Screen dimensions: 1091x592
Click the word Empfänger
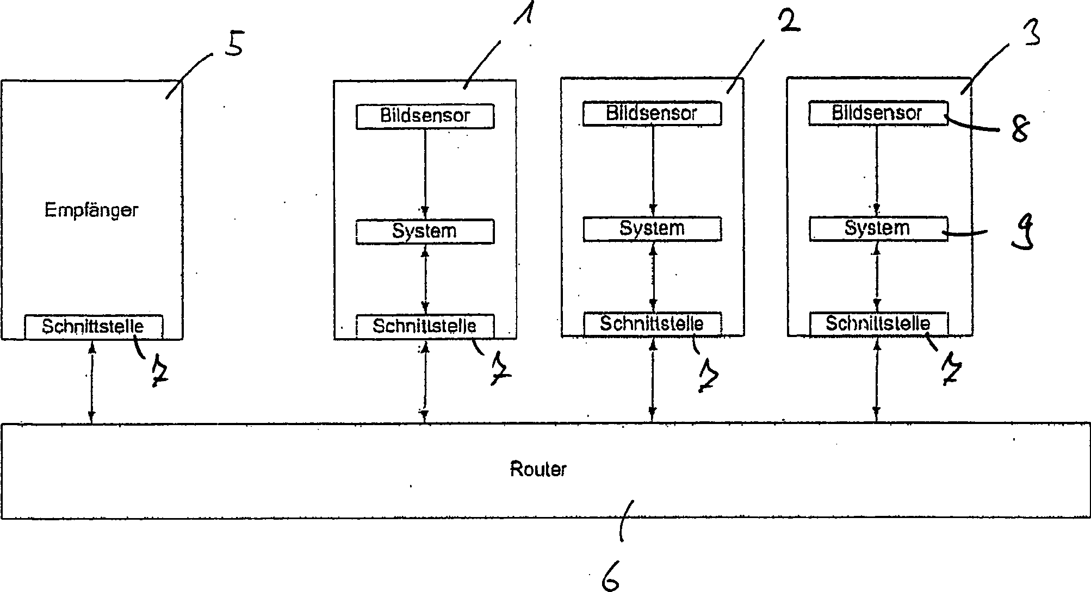point(91,210)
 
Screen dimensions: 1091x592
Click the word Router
point(538,469)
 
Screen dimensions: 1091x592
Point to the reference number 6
point(610,579)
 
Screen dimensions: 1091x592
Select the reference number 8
point(1020,129)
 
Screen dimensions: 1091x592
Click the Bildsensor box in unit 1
point(425,116)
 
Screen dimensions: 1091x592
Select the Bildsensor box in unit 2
point(652,114)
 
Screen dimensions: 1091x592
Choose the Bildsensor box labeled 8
point(878,113)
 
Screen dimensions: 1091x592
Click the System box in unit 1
point(425,232)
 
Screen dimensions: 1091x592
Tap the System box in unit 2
point(652,229)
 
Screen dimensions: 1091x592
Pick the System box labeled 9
point(878,229)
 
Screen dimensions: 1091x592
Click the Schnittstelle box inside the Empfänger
point(94,327)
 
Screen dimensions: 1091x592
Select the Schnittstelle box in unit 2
point(652,325)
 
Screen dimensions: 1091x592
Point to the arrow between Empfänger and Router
point(92,382)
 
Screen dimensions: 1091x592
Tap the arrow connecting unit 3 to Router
point(876,379)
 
